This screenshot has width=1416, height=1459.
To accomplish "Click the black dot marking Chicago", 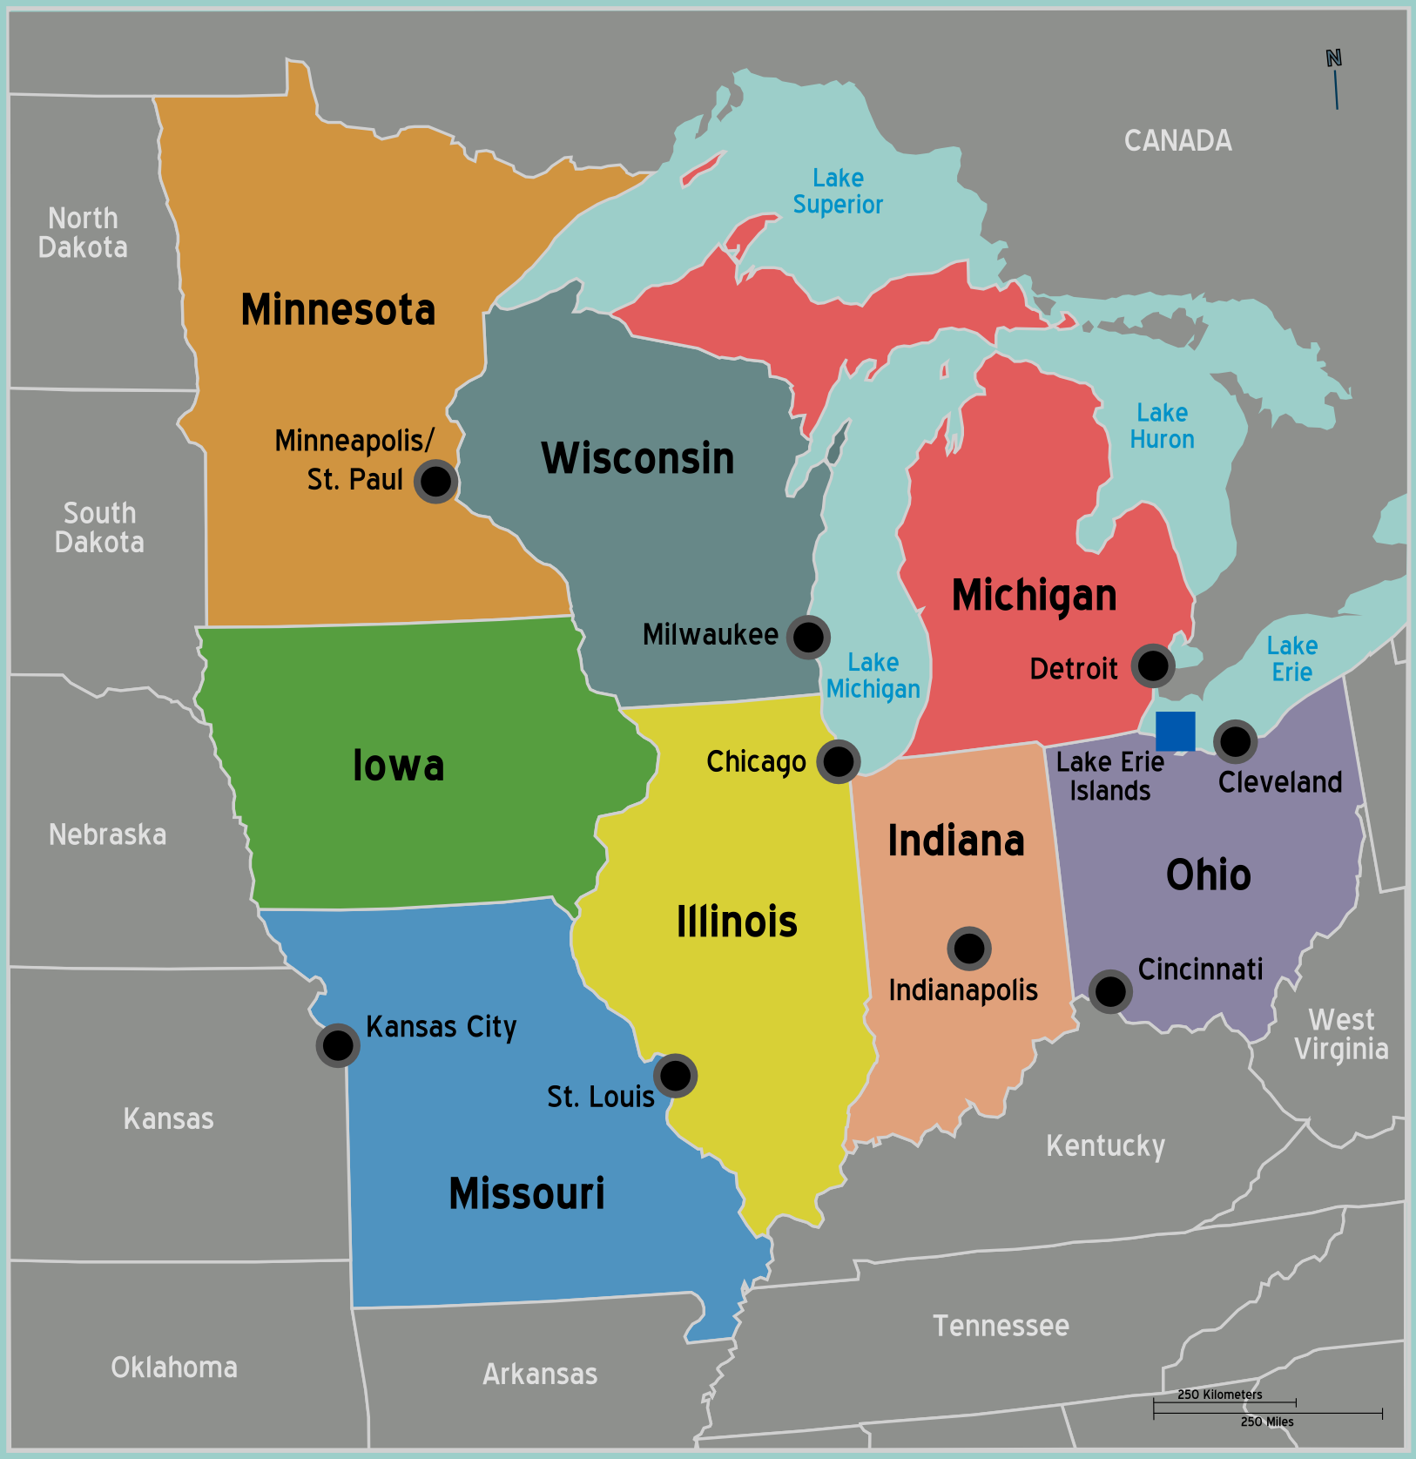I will tap(838, 761).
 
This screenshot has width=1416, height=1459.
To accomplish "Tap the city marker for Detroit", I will tap(1153, 666).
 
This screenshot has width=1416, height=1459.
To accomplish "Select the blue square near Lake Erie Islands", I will tap(1175, 731).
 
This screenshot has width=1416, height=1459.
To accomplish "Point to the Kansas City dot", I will tap(338, 1044).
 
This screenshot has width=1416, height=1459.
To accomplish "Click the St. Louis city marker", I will tap(675, 1076).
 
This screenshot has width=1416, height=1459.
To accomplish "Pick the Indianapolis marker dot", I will tap(968, 948).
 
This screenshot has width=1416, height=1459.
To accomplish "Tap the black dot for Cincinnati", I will tap(1109, 990).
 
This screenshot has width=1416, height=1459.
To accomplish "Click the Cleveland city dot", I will tap(1235, 741).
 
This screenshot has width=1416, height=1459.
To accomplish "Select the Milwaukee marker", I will tap(808, 637).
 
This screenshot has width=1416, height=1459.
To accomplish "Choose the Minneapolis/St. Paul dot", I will tap(435, 481).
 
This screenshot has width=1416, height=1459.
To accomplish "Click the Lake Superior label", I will tap(838, 192).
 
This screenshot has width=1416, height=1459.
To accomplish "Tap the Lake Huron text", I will tap(1162, 426).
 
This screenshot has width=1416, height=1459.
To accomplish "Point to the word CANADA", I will tap(1177, 140).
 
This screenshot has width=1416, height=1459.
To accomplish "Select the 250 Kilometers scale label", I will tap(1219, 1395).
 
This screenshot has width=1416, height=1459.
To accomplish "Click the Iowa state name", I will tap(398, 766).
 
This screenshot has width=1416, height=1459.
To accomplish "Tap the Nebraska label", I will tap(107, 834).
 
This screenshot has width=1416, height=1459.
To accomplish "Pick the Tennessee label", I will tap(1001, 1326).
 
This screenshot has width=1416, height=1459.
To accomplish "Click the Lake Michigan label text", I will tap(873, 676).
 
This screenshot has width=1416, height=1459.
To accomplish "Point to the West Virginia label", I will tap(1341, 1034).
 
